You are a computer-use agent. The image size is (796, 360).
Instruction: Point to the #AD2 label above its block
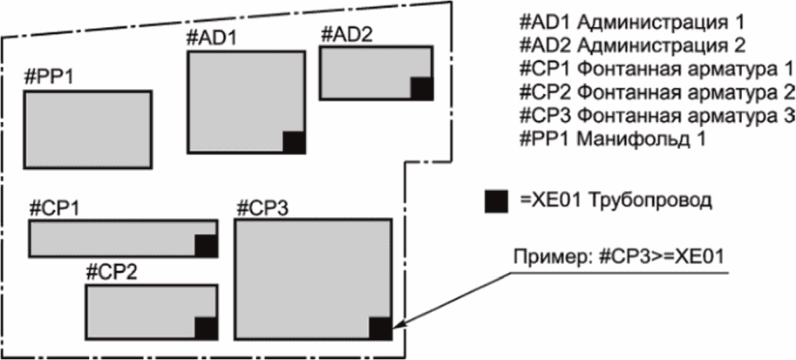pos(347,36)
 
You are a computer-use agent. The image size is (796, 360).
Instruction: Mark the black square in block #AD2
pos(422,88)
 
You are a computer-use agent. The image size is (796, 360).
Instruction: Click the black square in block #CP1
pos(207,246)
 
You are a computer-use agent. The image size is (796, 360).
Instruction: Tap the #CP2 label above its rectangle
pos(110,272)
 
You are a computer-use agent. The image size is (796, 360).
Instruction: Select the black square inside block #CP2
pos(206,329)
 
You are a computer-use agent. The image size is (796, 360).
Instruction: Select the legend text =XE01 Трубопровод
pos(615,200)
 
